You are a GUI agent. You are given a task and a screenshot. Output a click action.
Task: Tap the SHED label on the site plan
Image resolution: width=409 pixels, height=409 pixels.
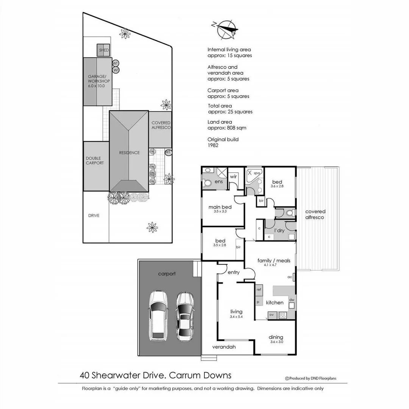tap(104, 50)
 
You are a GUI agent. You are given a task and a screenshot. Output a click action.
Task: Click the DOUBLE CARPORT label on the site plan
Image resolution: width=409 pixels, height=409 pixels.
tap(95, 161)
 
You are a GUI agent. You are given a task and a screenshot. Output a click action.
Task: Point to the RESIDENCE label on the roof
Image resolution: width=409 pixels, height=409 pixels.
tap(130, 153)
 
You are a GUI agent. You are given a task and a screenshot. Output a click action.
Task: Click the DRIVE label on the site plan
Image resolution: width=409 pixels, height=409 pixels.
tap(94, 215)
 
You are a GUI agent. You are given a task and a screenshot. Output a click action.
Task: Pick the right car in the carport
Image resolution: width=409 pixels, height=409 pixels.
tap(185, 316)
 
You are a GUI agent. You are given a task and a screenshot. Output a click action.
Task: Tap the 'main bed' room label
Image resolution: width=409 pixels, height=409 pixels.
tap(220, 207)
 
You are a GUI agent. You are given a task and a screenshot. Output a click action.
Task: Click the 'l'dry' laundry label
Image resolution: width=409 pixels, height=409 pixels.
tap(279, 231)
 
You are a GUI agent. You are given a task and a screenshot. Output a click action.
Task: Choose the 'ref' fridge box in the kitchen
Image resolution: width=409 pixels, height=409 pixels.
tap(259, 290)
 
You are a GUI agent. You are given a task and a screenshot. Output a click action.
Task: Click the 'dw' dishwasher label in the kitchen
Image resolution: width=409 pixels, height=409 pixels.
tap(291, 300)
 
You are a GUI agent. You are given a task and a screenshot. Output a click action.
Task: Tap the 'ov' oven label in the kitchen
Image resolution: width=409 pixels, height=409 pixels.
tap(271, 314)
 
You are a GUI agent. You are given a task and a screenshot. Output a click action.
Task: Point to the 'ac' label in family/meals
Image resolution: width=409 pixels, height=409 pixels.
tap(290, 277)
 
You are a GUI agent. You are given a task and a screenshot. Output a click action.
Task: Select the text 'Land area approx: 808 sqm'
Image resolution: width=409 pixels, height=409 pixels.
tap(226, 125)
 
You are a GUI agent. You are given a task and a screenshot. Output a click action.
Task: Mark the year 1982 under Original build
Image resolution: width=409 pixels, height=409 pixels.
tap(213, 145)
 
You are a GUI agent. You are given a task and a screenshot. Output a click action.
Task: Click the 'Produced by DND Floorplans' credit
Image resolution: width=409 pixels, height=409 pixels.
tap(311, 378)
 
